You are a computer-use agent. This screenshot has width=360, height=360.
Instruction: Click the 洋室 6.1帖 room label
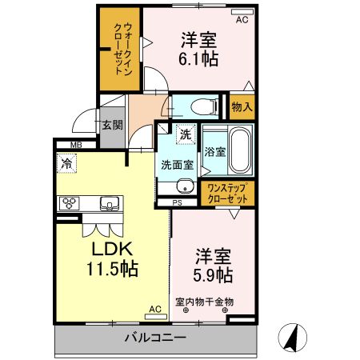tap(199, 49)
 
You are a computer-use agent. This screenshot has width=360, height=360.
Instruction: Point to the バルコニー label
tap(155, 338)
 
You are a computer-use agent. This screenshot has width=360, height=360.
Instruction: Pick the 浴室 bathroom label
tap(214, 152)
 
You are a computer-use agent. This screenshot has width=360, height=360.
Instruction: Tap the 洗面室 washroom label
tap(176, 165)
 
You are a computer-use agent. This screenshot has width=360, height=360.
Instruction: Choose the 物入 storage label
tap(242, 106)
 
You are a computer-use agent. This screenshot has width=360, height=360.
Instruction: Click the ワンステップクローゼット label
tap(228, 193)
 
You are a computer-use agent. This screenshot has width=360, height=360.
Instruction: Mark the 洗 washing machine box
tap(186, 135)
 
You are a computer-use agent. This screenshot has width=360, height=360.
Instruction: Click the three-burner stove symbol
tap(67, 203)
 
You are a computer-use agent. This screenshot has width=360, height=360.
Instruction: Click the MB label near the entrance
tap(75, 144)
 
